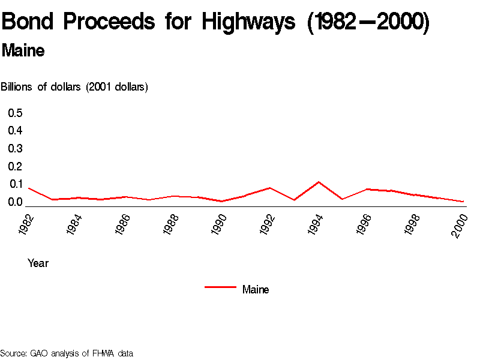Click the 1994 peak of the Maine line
pyautogui.click(x=318, y=182)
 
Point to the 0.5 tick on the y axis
pyautogui.click(x=15, y=113)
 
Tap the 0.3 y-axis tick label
pyautogui.click(x=15, y=149)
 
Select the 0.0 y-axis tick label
pyautogui.click(x=15, y=202)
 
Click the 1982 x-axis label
pyautogui.click(x=26, y=224)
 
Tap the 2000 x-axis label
pyautogui.click(x=460, y=224)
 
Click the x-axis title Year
pyautogui.click(x=38, y=263)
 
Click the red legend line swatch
pyautogui.click(x=220, y=287)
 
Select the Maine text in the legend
pyautogui.click(x=256, y=290)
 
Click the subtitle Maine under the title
pyautogui.click(x=23, y=51)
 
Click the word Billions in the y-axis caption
pyautogui.click(x=17, y=87)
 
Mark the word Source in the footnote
pyautogui.click(x=13, y=353)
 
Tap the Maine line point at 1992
pyautogui.click(x=270, y=188)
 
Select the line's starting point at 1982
pyautogui.click(x=28, y=188)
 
